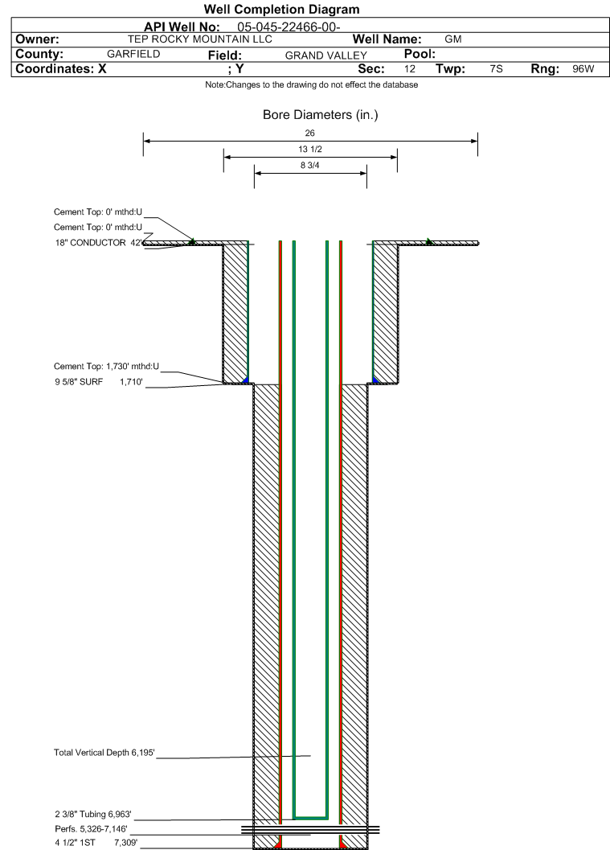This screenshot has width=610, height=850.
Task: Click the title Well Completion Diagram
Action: [281, 10]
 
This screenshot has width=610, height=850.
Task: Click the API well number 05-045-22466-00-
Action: [289, 27]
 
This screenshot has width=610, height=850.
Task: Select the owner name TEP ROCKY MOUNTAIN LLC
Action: [200, 39]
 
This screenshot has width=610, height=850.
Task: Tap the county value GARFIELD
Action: [133, 54]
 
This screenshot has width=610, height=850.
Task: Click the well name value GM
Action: [452, 39]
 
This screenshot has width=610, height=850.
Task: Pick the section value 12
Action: [410, 69]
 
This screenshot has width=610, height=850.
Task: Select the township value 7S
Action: [496, 69]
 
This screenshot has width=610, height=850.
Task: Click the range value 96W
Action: [583, 69]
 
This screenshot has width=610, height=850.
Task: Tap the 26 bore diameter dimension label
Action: [310, 133]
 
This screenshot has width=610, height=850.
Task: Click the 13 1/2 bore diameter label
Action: [310, 150]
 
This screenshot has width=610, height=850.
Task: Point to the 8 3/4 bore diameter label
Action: [310, 166]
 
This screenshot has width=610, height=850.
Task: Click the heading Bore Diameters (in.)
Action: [320, 115]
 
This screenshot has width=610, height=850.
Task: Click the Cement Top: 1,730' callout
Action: [106, 367]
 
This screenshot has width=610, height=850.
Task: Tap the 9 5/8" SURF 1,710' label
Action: [98, 382]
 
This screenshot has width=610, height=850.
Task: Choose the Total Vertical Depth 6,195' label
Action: [104, 753]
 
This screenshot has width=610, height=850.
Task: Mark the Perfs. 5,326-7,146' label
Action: [91, 829]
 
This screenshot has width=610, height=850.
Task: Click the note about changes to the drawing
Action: [311, 85]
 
